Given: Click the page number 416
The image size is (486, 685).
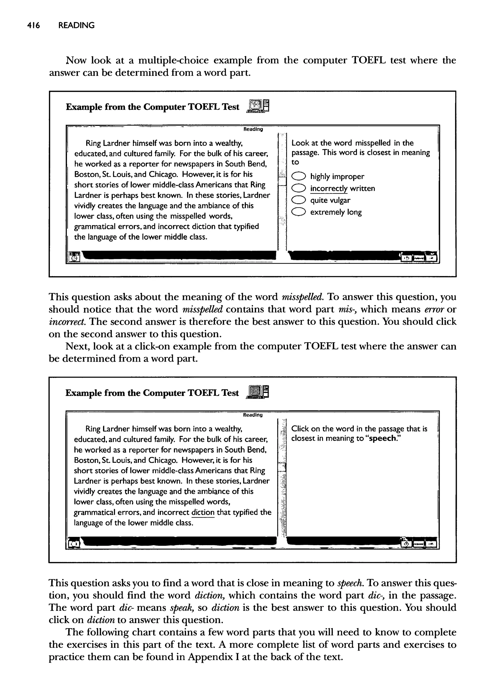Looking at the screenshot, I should point(33,25).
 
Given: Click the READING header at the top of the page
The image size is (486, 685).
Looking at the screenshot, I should point(76,25).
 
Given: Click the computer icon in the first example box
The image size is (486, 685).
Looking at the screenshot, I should point(258,106).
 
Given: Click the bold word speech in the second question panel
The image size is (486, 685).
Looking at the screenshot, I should point(383,438).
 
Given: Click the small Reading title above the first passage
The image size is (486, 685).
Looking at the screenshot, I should point(253,129).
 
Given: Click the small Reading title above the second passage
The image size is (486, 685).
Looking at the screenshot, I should point(253,415).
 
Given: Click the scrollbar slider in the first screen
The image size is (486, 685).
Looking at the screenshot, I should point(282,181).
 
